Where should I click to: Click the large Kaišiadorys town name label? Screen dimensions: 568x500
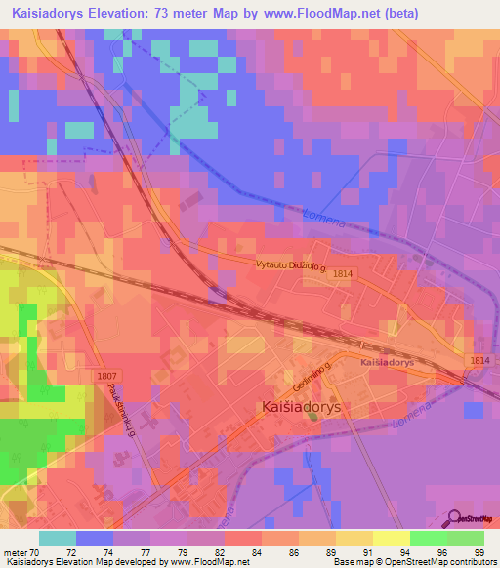coord(300,408)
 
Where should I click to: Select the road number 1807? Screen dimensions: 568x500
coord(110,376)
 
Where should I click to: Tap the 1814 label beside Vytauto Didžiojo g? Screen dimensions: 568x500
coord(342,274)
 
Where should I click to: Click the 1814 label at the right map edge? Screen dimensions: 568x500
coord(479,361)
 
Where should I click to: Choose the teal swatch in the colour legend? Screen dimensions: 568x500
coord(58,538)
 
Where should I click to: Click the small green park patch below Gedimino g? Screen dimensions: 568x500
coord(312,418)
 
